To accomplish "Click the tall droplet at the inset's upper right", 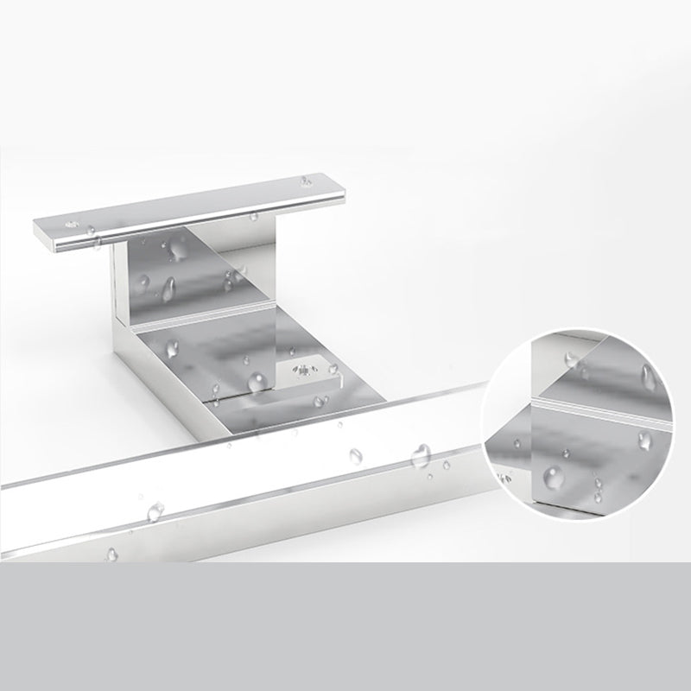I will [648, 375].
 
